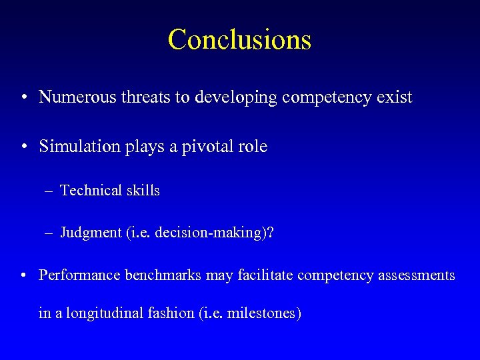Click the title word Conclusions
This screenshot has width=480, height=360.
pos(239,39)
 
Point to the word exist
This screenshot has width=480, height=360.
pos(394,97)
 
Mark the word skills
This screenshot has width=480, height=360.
pos(141,191)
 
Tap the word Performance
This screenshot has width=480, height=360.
pos(79,275)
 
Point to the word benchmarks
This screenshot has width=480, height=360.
pos(163,275)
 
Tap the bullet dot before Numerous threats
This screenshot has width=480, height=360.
pos(23,98)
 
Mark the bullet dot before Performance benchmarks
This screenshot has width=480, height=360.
pos(23,276)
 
